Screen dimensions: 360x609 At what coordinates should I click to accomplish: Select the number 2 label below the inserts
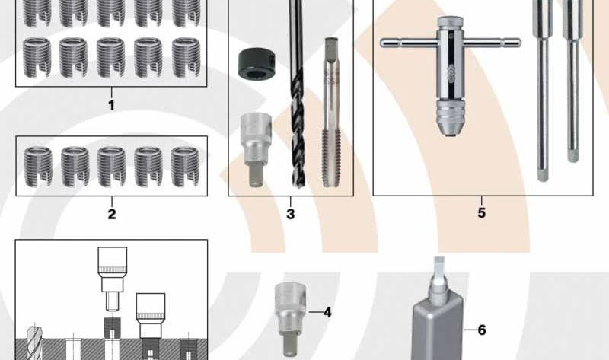[112, 214]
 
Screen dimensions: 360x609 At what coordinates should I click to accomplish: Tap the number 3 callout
[290, 214]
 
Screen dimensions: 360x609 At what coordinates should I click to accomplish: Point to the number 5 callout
[481, 213]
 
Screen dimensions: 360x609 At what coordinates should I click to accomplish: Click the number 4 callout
[327, 312]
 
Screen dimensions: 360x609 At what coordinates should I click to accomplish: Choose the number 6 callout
[481, 330]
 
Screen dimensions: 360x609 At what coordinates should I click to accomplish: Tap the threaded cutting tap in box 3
[330, 114]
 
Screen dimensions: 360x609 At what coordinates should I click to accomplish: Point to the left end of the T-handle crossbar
[385, 41]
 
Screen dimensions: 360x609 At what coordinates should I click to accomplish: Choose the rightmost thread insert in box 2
[185, 165]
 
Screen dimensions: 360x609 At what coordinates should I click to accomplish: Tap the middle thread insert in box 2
[111, 165]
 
